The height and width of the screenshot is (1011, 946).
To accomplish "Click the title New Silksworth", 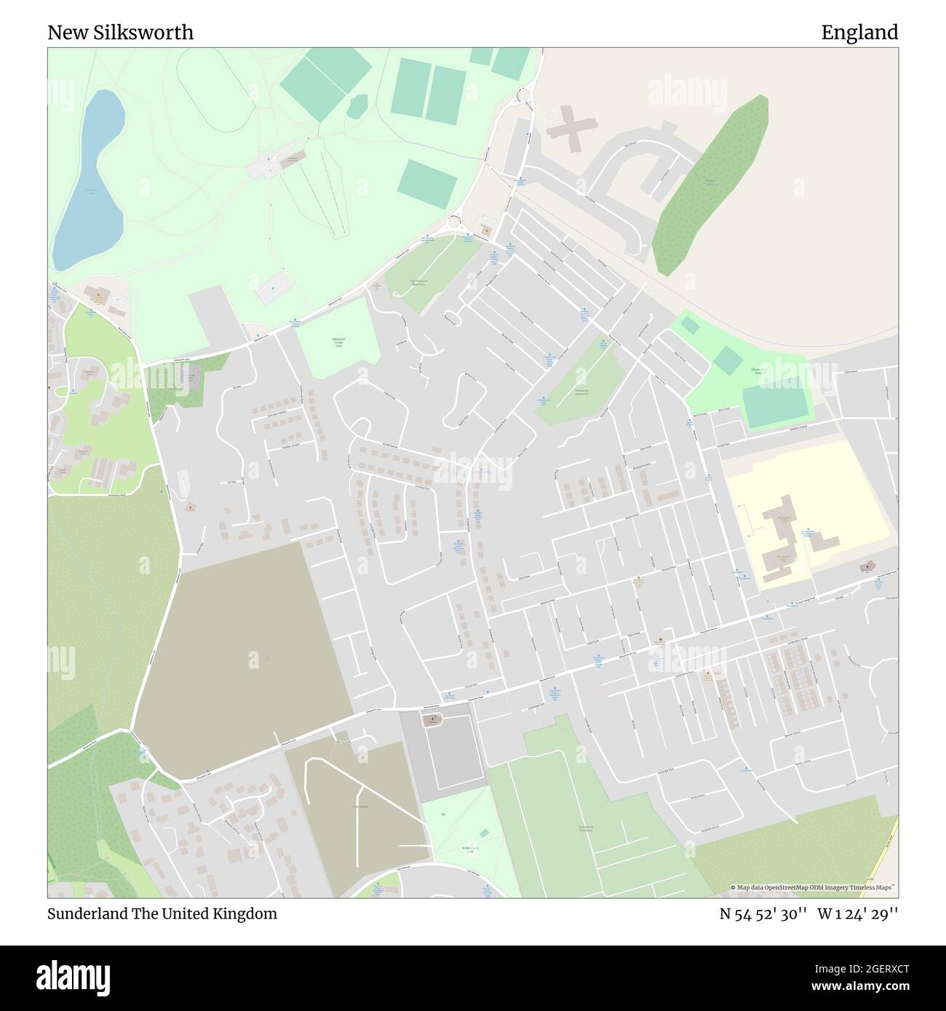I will (121, 33).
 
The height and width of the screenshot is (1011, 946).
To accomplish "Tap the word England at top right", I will (859, 33).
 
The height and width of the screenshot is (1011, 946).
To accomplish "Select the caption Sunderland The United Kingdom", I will (162, 914).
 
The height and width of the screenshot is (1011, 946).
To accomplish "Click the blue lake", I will (91, 182).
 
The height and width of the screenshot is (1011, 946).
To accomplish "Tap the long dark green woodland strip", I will (709, 185).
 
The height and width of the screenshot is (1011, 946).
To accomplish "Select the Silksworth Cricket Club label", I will (338, 343).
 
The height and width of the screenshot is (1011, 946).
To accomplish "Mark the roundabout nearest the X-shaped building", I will (522, 95).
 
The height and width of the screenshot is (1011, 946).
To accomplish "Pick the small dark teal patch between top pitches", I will (357, 107).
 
